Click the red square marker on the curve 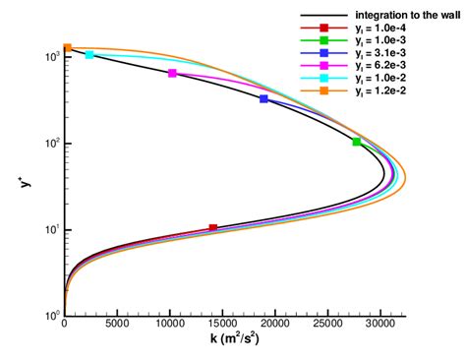[x=213, y=228]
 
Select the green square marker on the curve [x=357, y=143]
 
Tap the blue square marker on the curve [x=263, y=99]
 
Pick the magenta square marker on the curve [x=173, y=74]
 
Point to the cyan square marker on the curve [x=89, y=55]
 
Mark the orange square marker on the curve [x=67, y=47]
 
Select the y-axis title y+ [x=21, y=180]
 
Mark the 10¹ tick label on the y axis [x=49, y=229]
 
